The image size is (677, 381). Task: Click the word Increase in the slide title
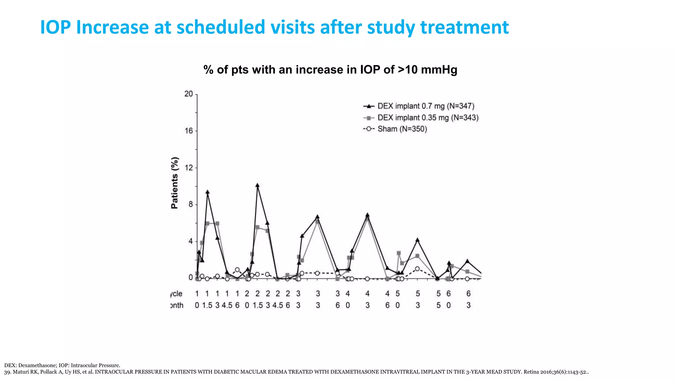tap(112, 27)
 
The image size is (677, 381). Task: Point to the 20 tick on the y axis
tap(189, 94)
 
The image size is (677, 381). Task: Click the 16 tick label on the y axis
tap(189, 131)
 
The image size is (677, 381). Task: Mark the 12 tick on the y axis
tap(189, 168)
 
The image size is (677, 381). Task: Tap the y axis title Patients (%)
tap(175, 183)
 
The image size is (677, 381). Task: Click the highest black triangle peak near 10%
tap(258, 186)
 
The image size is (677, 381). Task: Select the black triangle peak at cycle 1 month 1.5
tap(207, 192)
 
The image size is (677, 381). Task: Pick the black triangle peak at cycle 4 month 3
tap(367, 215)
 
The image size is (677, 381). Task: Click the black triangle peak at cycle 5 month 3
tap(418, 240)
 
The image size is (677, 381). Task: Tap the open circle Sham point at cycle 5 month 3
tap(418, 269)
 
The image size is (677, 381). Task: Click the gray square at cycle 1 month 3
tap(217, 224)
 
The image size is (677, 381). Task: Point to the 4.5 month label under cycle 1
tap(227, 305)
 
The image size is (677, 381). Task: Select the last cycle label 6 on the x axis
tap(468, 294)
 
